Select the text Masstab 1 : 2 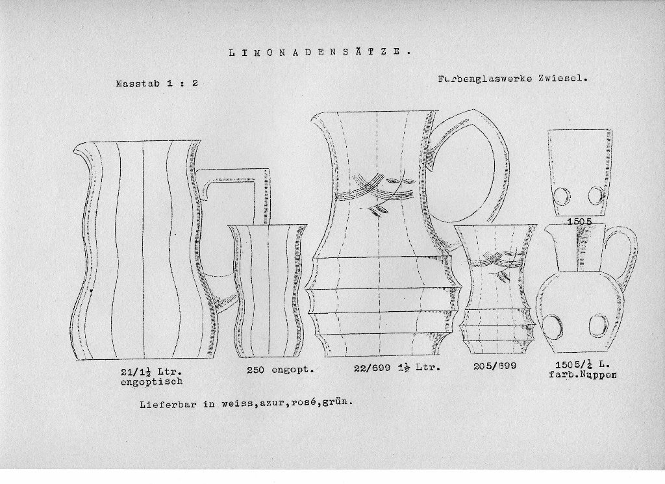tap(157, 83)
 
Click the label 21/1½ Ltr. tap(151, 372)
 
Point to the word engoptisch tap(151, 381)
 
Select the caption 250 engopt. tap(281, 370)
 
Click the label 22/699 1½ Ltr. tap(397, 368)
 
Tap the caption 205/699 tap(494, 366)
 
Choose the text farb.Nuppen tap(583, 375)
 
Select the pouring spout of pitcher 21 tap(82, 152)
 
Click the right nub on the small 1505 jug tap(598, 325)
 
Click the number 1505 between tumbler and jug tap(579, 222)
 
